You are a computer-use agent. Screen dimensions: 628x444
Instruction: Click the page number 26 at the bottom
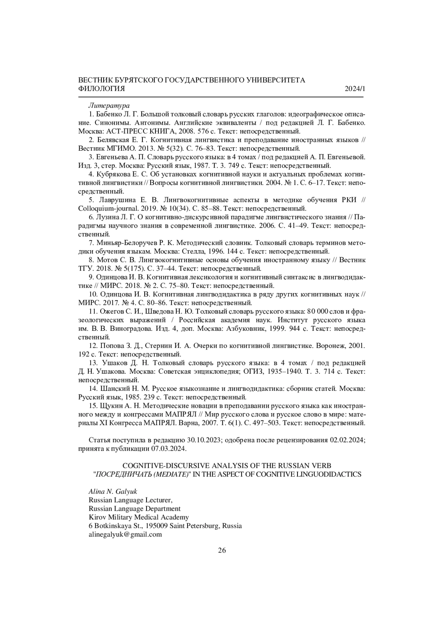pos(222,550)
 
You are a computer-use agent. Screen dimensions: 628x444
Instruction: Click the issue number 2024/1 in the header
pos(354,89)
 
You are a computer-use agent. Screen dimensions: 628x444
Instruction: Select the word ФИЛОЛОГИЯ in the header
pos(102,89)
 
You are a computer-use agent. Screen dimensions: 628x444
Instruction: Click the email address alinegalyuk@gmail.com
pos(125,534)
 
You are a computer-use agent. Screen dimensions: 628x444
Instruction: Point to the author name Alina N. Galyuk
pos(113,492)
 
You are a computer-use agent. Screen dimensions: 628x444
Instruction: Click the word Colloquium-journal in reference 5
pos(105,209)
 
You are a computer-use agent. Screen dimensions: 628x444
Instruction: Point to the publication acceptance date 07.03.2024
pos(168,449)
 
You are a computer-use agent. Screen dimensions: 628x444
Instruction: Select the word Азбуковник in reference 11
pos(242,329)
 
